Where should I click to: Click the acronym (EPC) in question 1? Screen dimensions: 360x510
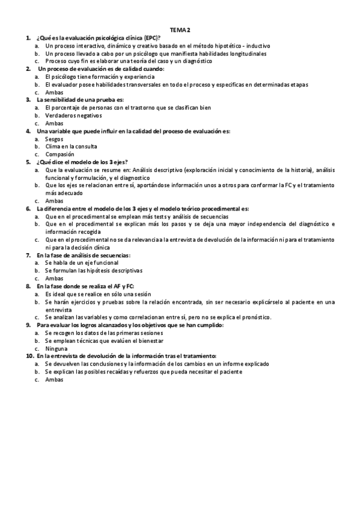click(145, 37)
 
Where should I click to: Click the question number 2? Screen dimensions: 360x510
click(28, 69)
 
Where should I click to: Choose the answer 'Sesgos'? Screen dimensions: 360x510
click(54, 138)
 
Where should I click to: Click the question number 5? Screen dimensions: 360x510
click(28, 162)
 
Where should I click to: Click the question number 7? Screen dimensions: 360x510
click(28, 255)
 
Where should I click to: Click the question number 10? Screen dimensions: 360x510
click(29, 356)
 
